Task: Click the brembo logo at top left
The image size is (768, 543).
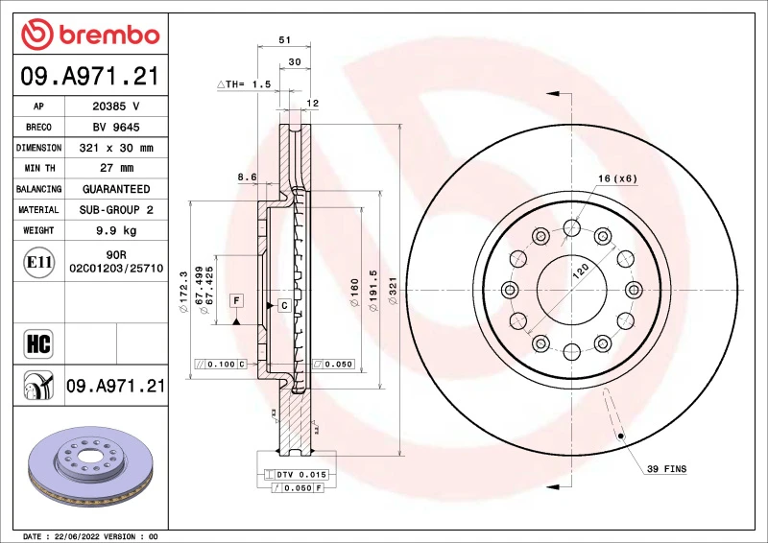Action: (89, 35)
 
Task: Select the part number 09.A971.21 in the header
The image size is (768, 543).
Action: (89, 77)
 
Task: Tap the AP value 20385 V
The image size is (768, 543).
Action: (115, 106)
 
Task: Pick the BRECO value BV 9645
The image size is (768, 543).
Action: (115, 128)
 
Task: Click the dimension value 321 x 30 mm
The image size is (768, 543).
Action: (115, 149)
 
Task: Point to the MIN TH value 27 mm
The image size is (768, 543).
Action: (115, 169)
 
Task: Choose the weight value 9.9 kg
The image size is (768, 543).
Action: (115, 230)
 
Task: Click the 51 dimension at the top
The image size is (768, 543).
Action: (284, 40)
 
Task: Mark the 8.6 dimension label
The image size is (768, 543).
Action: (247, 177)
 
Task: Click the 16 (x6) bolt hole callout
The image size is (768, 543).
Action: (617, 178)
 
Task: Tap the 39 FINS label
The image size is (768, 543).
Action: (666, 470)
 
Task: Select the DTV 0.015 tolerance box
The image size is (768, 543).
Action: (296, 475)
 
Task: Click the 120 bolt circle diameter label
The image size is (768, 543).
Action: (580, 271)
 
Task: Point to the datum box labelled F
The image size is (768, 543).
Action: (235, 301)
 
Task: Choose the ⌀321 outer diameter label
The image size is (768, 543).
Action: (392, 291)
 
